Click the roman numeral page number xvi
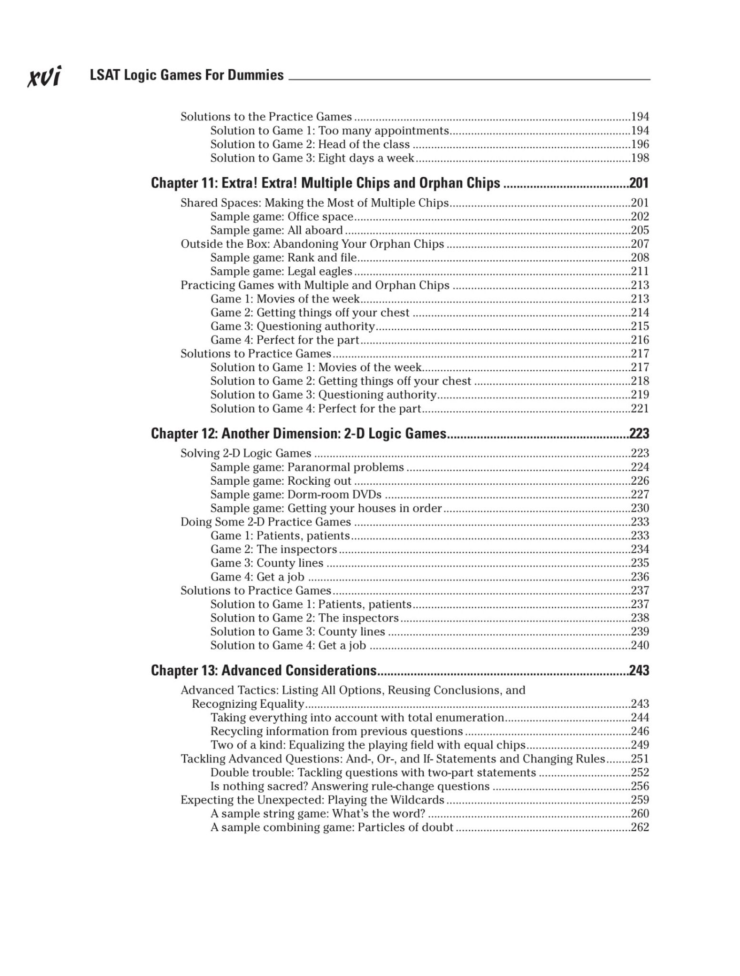(44, 76)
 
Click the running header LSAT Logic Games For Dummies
(186, 75)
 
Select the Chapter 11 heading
(325, 183)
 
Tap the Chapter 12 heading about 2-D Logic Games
(298, 433)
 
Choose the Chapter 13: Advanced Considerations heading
(264, 671)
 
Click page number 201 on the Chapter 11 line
(639, 183)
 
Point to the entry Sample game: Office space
(282, 217)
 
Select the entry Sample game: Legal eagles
(281, 272)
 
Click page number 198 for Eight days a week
(640, 158)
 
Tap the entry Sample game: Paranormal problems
(307, 468)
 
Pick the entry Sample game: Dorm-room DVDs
(296, 495)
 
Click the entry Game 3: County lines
(267, 563)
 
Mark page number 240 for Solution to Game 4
(640, 646)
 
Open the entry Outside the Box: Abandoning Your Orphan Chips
(312, 244)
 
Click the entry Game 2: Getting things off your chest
(310, 313)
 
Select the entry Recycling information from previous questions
(336, 732)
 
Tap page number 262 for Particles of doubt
(640, 827)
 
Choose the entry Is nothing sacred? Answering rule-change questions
(350, 786)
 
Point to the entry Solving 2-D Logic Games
(245, 454)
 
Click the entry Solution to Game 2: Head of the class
(310, 144)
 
